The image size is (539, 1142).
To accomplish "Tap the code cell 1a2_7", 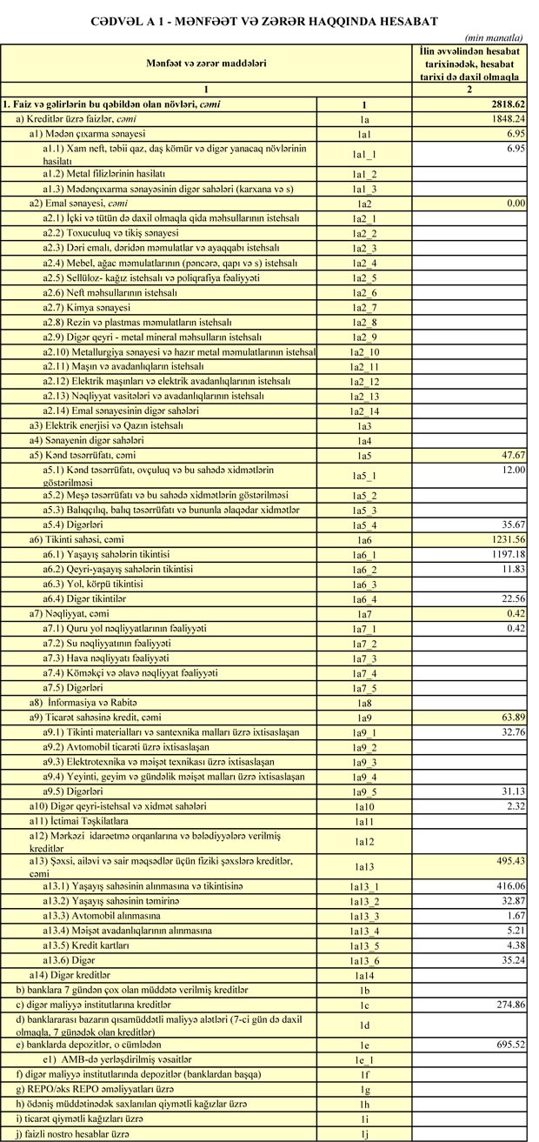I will [x=365, y=309].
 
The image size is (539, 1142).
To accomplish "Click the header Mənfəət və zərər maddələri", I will [x=205, y=63].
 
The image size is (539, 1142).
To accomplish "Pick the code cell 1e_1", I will [x=365, y=1060].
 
